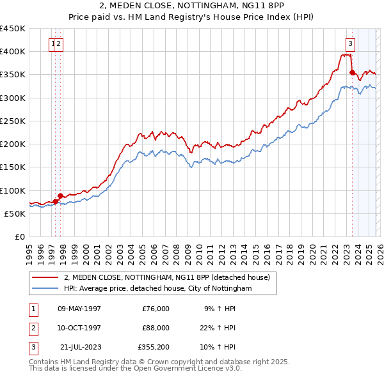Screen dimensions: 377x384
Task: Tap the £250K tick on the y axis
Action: point(12,121)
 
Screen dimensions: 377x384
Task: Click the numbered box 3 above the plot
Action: point(351,44)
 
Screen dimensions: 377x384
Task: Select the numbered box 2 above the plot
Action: point(58,44)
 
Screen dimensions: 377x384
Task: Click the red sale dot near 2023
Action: point(352,72)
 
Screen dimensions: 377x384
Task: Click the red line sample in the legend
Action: point(45,277)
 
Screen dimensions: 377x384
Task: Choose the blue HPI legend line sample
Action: point(45,289)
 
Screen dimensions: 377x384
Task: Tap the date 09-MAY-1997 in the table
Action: point(79,309)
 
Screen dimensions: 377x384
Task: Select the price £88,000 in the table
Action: point(156,328)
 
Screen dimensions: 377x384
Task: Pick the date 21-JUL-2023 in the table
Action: point(79,347)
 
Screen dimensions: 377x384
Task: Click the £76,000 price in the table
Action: point(156,309)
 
